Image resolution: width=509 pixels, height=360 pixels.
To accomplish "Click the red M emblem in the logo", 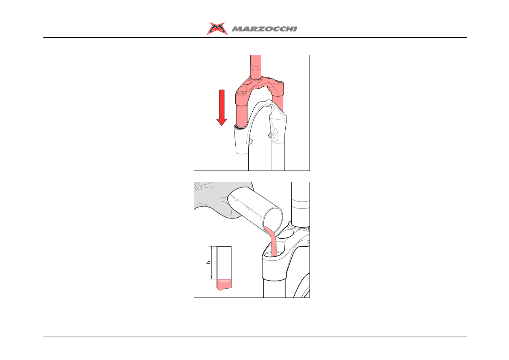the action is pyautogui.click(x=217, y=29).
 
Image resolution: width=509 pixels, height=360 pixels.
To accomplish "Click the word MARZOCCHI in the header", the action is pyautogui.click(x=264, y=29).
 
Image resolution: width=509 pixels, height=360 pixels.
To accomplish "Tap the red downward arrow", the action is pyautogui.click(x=222, y=108).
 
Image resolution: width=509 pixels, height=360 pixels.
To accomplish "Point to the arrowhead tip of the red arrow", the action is pyautogui.click(x=222, y=125).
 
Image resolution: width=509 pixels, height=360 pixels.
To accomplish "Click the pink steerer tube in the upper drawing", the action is pyautogui.click(x=256, y=67).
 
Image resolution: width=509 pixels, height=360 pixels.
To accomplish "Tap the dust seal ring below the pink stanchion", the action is pyautogui.click(x=241, y=127).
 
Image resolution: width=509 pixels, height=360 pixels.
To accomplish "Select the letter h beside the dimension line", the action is pyautogui.click(x=208, y=262).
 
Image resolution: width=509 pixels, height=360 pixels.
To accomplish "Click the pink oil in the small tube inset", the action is pyautogui.click(x=224, y=284).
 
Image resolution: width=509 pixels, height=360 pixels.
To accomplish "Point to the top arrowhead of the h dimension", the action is pyautogui.click(x=212, y=247).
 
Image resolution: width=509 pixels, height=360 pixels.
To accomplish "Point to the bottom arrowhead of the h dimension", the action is pyautogui.click(x=212, y=278).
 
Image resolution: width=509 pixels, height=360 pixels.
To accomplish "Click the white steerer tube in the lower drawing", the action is pyautogui.click(x=300, y=204).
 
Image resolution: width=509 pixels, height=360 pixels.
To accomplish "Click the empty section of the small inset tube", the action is pyautogui.click(x=224, y=263).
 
